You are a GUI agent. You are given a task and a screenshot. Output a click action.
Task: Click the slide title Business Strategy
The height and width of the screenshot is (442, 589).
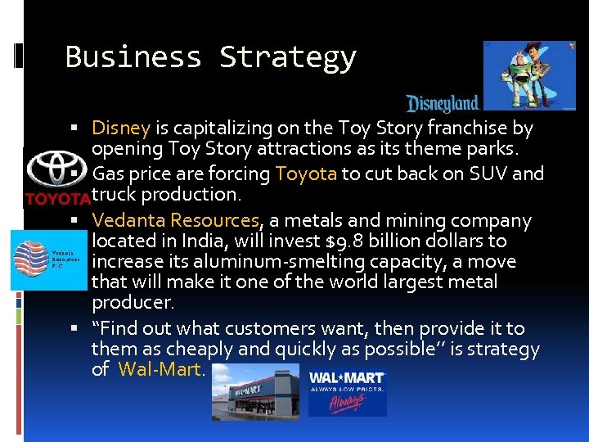(210, 57)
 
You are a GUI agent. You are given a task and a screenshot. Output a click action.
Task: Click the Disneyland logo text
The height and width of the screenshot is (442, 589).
(443, 103)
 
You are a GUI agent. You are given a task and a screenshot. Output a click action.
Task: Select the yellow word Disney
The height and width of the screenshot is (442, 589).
(120, 129)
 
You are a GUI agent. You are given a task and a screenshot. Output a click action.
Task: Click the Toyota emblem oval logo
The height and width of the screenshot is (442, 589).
(56, 170)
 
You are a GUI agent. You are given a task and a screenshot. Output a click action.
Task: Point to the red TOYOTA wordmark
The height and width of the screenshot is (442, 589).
(56, 198)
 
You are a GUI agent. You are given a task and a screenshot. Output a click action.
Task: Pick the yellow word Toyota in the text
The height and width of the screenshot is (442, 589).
(307, 174)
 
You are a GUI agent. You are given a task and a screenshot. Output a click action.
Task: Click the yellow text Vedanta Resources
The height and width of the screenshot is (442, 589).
(176, 221)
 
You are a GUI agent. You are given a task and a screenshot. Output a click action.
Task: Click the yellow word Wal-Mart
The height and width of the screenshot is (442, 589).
(160, 369)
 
